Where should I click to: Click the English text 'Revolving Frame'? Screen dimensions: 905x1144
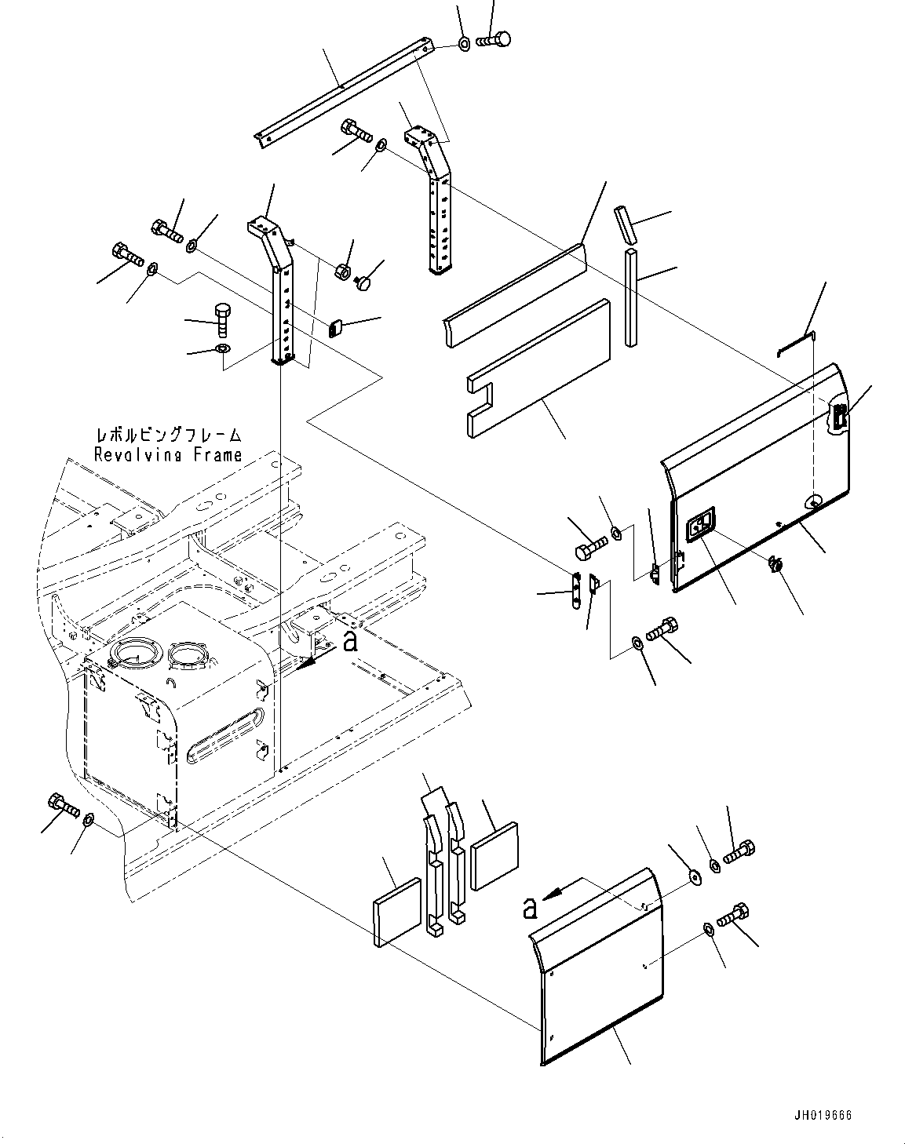pos(168,455)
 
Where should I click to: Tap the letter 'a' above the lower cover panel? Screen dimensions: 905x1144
pos(530,909)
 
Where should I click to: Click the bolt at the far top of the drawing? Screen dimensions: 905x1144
pos(494,40)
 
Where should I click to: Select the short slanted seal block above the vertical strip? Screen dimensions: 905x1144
pos(624,225)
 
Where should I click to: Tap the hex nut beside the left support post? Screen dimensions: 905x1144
pos(342,271)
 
